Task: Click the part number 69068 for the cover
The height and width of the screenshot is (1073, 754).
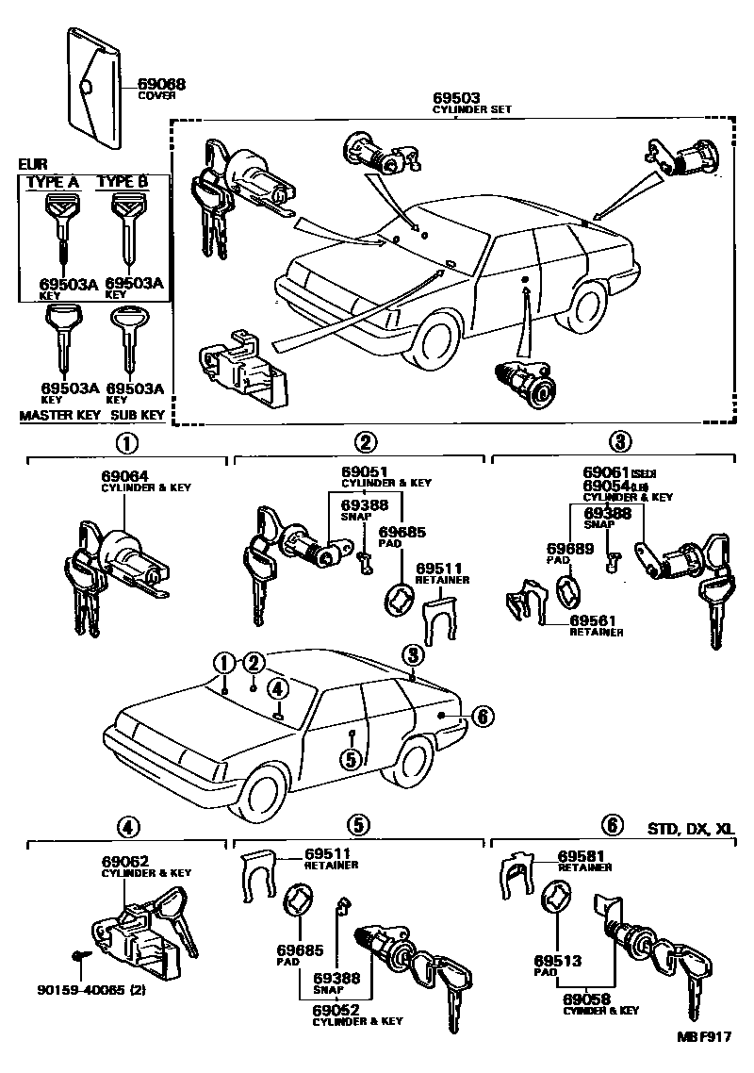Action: (161, 84)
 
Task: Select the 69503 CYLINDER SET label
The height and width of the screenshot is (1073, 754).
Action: (457, 98)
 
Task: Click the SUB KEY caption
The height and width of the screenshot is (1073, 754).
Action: (138, 415)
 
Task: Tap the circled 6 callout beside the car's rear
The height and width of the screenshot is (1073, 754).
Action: (481, 718)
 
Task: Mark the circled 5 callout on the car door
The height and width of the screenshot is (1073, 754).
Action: (350, 756)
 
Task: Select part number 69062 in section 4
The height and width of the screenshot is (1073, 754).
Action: (124, 862)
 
